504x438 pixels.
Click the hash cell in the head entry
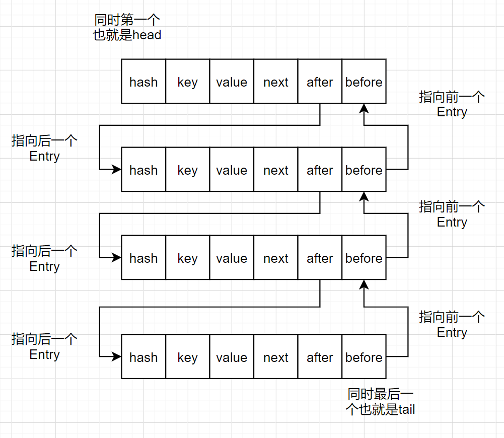143,82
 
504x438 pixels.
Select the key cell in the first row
187,82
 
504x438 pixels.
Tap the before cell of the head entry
364,82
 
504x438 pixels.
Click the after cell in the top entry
320,82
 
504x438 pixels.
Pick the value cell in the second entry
232,170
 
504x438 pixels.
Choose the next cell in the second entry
276,170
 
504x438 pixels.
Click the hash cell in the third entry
143,258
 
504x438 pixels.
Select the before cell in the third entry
364,258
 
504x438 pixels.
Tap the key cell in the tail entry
187,357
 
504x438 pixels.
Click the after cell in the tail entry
320,357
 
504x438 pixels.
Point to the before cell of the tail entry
364,357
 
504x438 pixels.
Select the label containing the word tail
381,401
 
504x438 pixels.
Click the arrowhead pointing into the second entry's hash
116,170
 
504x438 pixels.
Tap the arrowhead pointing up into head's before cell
364,108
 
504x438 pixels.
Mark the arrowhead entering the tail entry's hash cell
116,357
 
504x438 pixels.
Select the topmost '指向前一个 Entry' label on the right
452,104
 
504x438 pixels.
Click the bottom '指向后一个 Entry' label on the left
44,346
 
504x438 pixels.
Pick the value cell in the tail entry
232,357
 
